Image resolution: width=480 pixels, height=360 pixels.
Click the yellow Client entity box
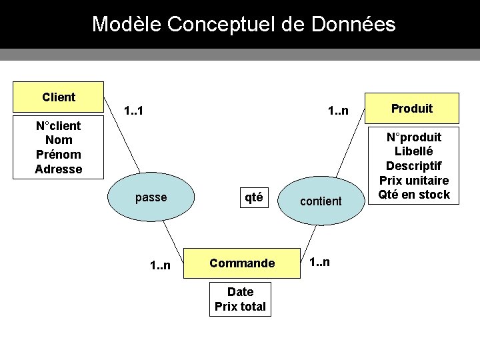point(59,97)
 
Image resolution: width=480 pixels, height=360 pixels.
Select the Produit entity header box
point(411,108)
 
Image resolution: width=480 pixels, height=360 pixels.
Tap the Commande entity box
point(242,263)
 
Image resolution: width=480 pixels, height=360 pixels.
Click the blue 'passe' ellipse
point(151,197)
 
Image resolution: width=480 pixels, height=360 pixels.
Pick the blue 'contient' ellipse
point(320,201)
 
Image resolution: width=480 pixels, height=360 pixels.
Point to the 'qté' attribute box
point(253,197)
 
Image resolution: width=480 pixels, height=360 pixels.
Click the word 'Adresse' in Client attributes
point(59,169)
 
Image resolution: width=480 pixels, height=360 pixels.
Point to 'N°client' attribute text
point(59,125)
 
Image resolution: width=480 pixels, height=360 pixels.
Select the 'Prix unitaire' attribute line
point(414,180)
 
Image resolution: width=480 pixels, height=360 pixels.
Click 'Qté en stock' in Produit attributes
point(414,195)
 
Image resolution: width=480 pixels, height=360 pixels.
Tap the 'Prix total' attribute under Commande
point(240,307)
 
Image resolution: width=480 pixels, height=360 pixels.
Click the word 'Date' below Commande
point(240,291)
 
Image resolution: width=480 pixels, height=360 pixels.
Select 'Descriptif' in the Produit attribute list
point(414,165)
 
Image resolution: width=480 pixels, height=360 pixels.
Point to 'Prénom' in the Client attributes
point(59,154)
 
